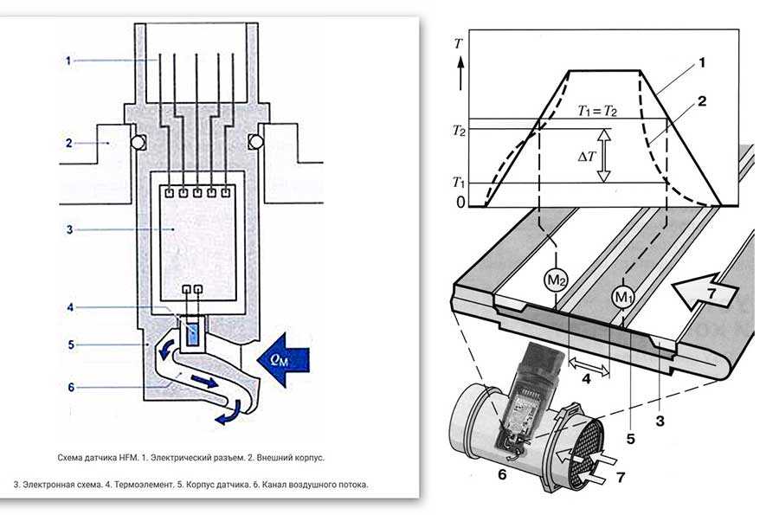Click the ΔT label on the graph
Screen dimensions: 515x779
(x=585, y=156)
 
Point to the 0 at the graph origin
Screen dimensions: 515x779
(x=460, y=202)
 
